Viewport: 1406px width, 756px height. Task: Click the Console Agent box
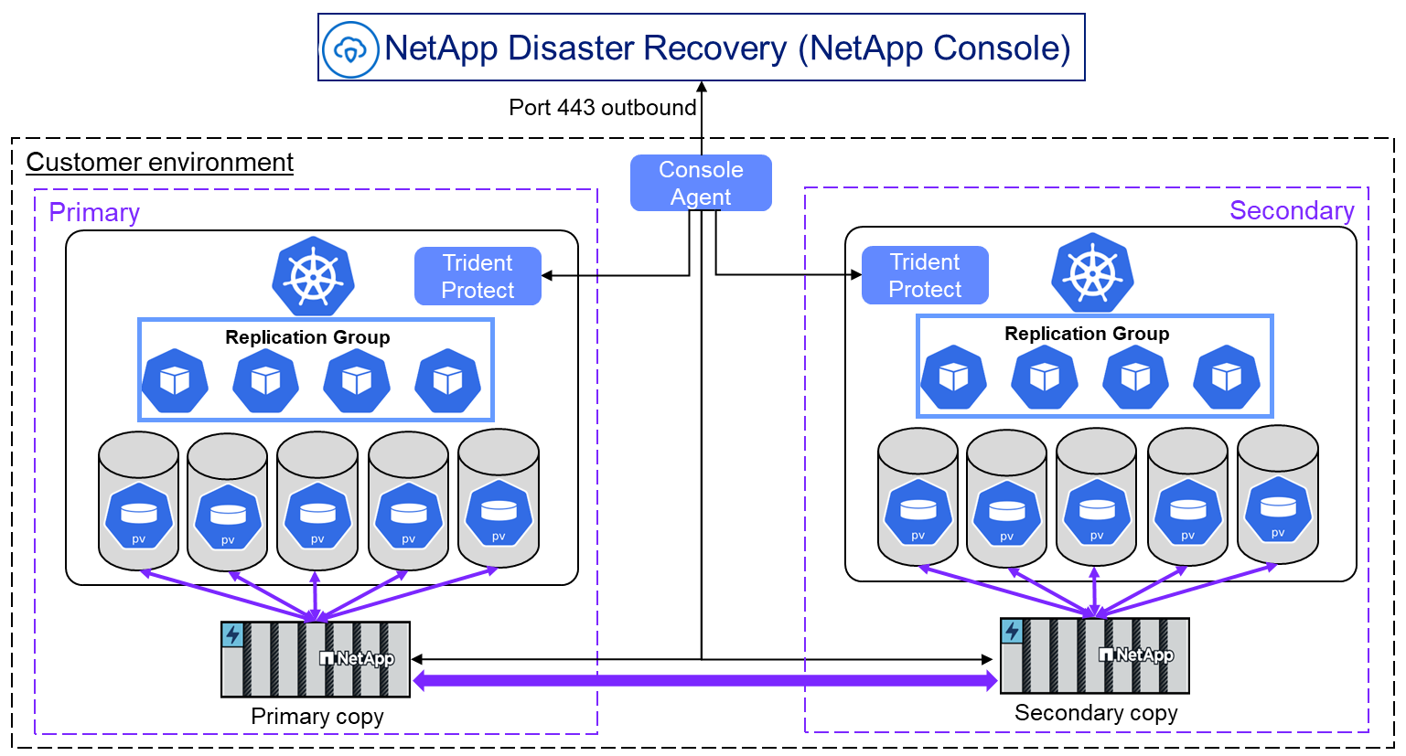point(701,183)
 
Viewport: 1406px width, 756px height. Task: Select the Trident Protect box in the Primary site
point(478,276)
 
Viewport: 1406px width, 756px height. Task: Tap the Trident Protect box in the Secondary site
point(925,275)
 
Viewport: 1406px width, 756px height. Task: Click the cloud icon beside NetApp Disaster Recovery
point(350,49)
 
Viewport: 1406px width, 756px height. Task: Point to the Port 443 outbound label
point(603,107)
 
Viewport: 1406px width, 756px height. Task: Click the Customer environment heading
point(159,162)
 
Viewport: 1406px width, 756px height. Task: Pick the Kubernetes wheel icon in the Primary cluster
point(313,276)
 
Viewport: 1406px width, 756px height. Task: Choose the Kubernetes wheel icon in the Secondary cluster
point(1093,273)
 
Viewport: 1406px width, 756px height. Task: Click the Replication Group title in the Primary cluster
point(307,337)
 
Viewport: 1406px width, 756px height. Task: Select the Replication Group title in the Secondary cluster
point(1087,333)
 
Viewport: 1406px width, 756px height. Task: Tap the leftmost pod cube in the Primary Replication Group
point(175,381)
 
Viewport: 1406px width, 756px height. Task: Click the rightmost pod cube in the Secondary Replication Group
point(1227,377)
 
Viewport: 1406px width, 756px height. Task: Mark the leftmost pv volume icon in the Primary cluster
point(139,516)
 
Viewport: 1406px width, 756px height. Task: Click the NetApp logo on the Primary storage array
point(357,658)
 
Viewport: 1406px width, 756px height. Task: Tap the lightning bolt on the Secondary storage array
point(1012,631)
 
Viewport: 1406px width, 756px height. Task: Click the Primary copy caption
point(317,717)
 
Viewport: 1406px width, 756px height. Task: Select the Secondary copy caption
point(1096,713)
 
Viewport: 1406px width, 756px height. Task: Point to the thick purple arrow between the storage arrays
point(705,681)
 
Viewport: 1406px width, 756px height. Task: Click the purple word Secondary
point(1292,210)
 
